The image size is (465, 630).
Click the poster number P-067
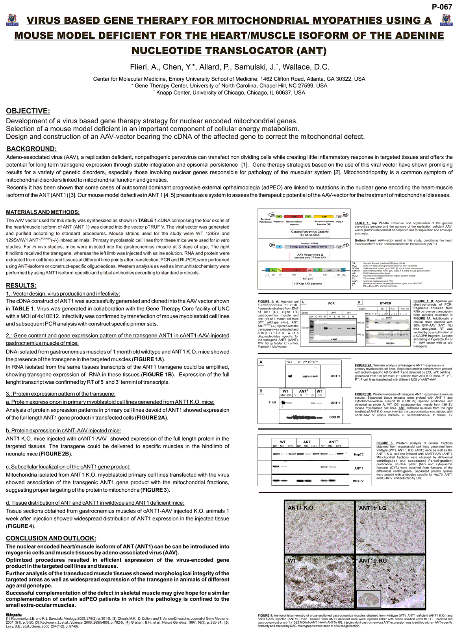pos(442,7)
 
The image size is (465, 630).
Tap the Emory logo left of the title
pos(12,20)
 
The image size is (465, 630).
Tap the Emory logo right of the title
pos(446,20)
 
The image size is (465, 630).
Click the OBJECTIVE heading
pos(28,111)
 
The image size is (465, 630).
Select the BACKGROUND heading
pos(31,149)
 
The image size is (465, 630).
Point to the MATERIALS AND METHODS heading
pos(43,212)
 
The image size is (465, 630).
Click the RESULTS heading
pos(21,286)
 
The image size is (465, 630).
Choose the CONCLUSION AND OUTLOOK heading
pos(51,538)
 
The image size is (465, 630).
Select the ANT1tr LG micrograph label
pos(372,508)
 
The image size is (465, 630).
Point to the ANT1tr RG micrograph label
pos(372,561)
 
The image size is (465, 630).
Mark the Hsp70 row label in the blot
pos(358,454)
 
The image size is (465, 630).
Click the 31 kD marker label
pos(272,402)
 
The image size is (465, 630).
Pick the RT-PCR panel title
pos(385,303)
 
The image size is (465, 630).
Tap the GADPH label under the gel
pos(390,344)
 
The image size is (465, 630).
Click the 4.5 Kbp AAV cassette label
pos(308,284)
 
